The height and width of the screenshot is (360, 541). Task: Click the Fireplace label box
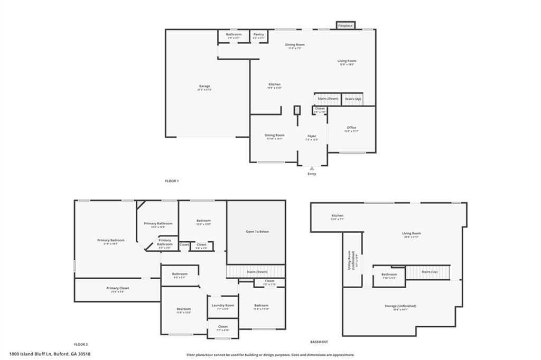[346, 25]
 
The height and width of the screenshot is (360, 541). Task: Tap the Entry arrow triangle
[312, 168]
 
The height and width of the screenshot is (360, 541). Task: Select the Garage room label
[204, 86]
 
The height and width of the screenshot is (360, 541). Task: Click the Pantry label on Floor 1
[258, 34]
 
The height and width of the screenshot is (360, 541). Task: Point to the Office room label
[351, 128]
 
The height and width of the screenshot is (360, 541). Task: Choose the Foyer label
[312, 136]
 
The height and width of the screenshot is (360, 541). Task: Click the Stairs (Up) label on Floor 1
[353, 99]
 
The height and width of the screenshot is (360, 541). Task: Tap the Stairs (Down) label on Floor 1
[328, 99]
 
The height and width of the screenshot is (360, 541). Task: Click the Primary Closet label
[117, 288]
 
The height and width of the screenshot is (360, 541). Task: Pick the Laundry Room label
[222, 305]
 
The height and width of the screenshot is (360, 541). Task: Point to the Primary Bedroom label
[110, 240]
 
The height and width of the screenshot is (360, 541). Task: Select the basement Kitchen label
[338, 215]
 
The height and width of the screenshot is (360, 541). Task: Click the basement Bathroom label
[389, 274]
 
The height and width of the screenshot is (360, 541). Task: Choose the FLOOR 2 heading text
[81, 344]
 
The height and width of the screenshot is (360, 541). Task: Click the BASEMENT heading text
[319, 342]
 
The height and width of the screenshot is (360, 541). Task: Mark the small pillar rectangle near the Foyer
[297, 110]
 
